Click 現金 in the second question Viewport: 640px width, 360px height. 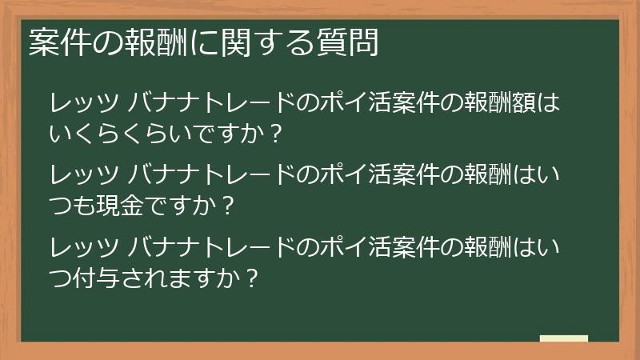(x=118, y=206)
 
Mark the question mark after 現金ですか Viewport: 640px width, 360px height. (x=228, y=206)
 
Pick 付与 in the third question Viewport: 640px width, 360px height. (x=95, y=278)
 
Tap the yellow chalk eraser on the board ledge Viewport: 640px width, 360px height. (x=564, y=339)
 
